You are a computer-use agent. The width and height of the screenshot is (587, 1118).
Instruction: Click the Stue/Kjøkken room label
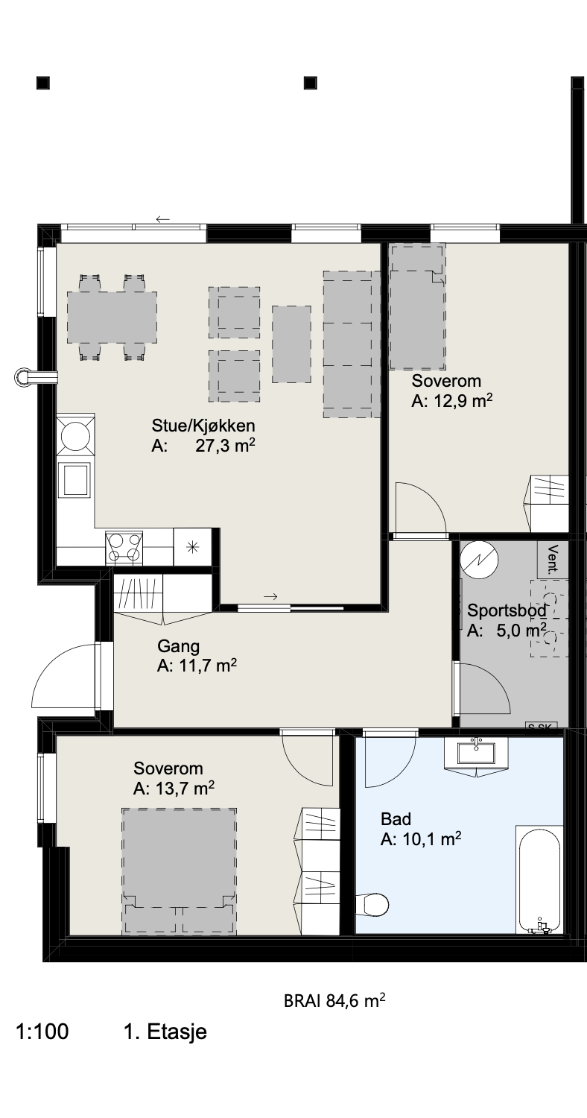point(203,426)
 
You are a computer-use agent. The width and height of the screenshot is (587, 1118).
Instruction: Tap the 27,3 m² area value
point(226,446)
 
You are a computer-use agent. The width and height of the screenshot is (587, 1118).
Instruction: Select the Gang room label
point(179,646)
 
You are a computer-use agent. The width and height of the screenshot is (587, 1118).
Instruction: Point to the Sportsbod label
point(507,610)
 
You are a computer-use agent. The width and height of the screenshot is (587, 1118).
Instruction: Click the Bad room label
point(396,819)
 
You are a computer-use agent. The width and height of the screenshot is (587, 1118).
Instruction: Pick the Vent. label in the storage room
point(553,560)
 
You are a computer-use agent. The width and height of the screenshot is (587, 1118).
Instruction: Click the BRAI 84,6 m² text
point(334,1001)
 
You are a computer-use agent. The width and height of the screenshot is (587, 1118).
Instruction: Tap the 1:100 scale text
point(42,1032)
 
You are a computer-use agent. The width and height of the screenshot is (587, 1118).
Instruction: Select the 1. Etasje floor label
point(165,1032)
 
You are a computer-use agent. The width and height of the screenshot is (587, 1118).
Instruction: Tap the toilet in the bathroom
point(372,903)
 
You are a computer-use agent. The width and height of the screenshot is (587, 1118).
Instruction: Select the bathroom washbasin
point(476,753)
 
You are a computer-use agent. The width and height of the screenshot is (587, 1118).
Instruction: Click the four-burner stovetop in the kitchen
point(124,548)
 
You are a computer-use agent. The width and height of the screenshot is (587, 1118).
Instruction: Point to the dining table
point(112,317)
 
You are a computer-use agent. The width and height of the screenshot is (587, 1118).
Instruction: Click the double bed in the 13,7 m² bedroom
point(180,871)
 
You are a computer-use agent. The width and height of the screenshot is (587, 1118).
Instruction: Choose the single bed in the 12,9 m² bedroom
point(417,306)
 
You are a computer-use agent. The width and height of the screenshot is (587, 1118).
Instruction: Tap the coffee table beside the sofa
point(291,344)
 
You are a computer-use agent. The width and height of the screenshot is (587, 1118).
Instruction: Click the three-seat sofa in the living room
point(352,344)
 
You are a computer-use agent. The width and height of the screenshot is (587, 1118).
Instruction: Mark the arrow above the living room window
point(163,219)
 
